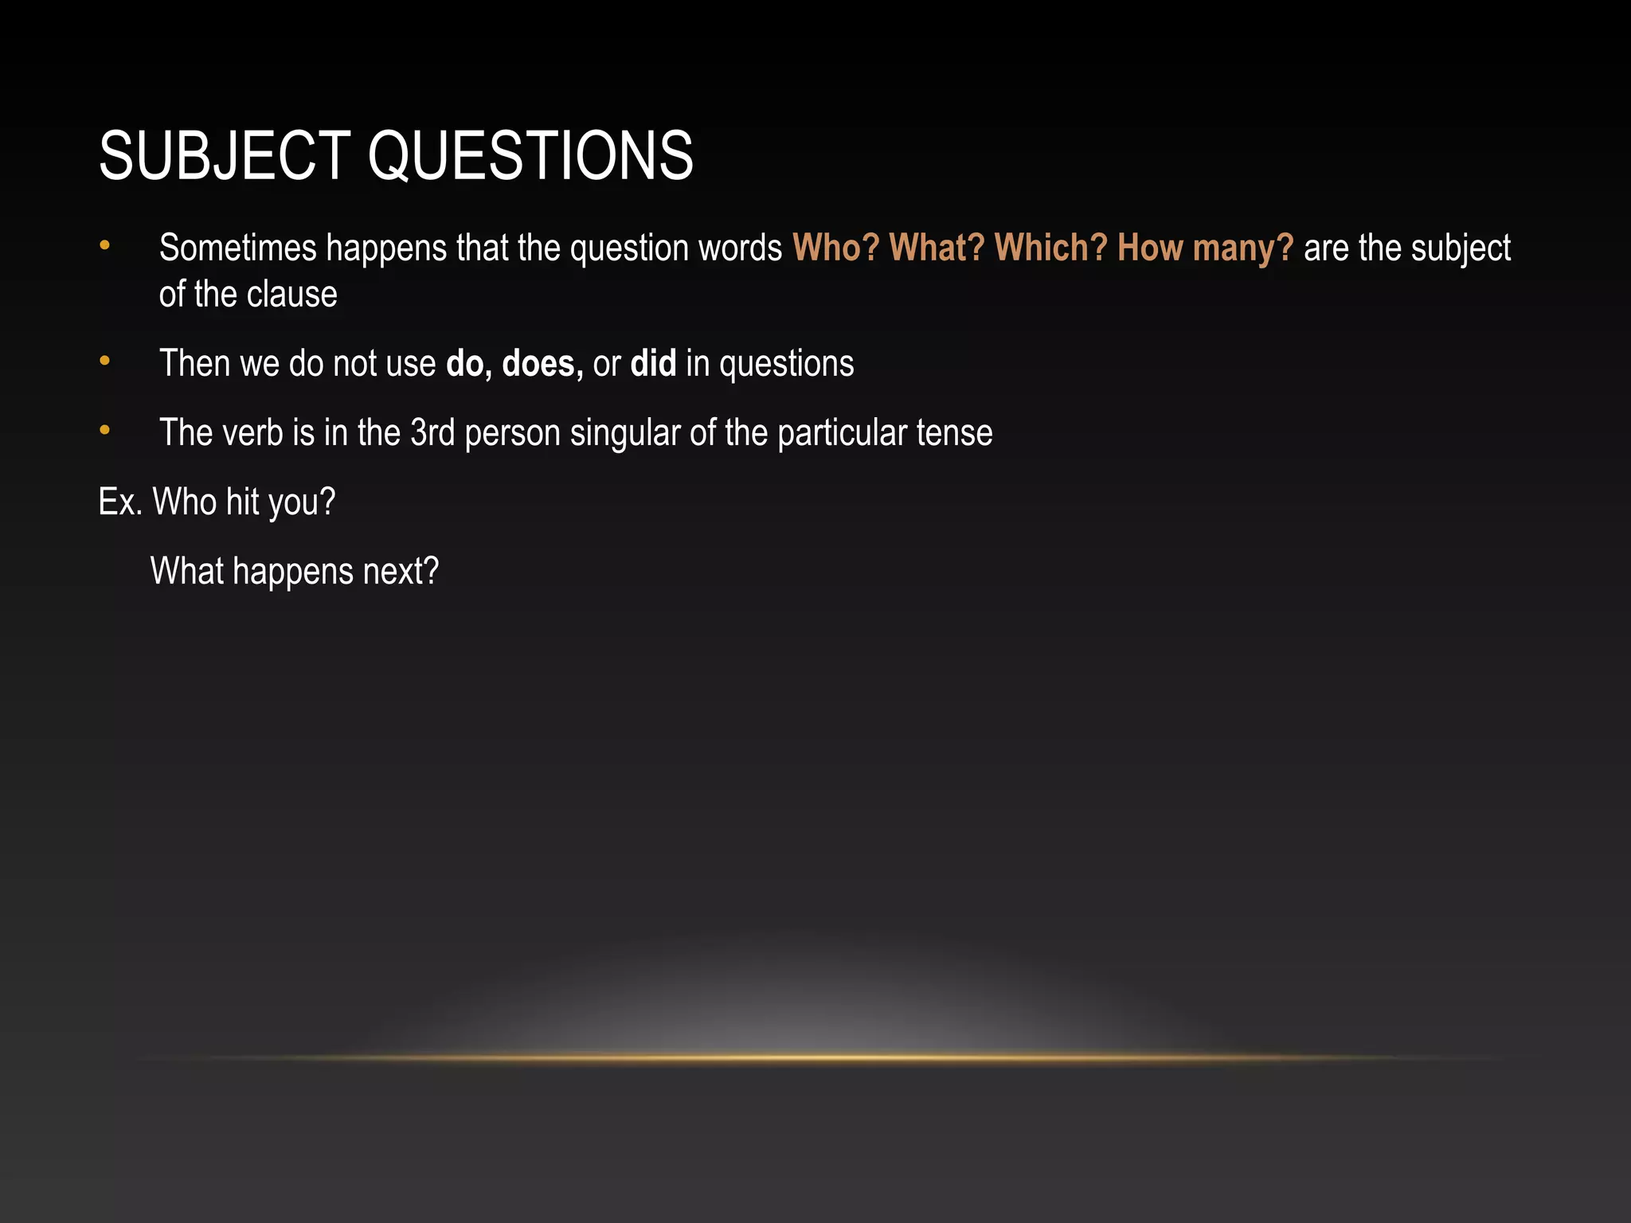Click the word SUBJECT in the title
pyautogui.click(x=225, y=155)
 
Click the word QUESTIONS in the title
pyautogui.click(x=530, y=155)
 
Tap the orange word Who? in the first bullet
pyautogui.click(x=835, y=248)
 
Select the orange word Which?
pyautogui.click(x=1050, y=248)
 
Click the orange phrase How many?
pyautogui.click(x=1205, y=248)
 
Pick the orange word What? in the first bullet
pyautogui.click(x=937, y=248)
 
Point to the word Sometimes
pyautogui.click(x=237, y=248)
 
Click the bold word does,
pyautogui.click(x=542, y=364)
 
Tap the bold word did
pyautogui.click(x=653, y=364)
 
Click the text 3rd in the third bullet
pyautogui.click(x=432, y=433)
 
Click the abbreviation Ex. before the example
pyautogui.click(x=120, y=502)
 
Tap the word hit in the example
pyautogui.click(x=243, y=502)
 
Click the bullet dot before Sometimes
pyautogui.click(x=104, y=246)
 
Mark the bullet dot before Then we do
pyautogui.click(x=104, y=362)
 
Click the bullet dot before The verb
pyautogui.click(x=104, y=432)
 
